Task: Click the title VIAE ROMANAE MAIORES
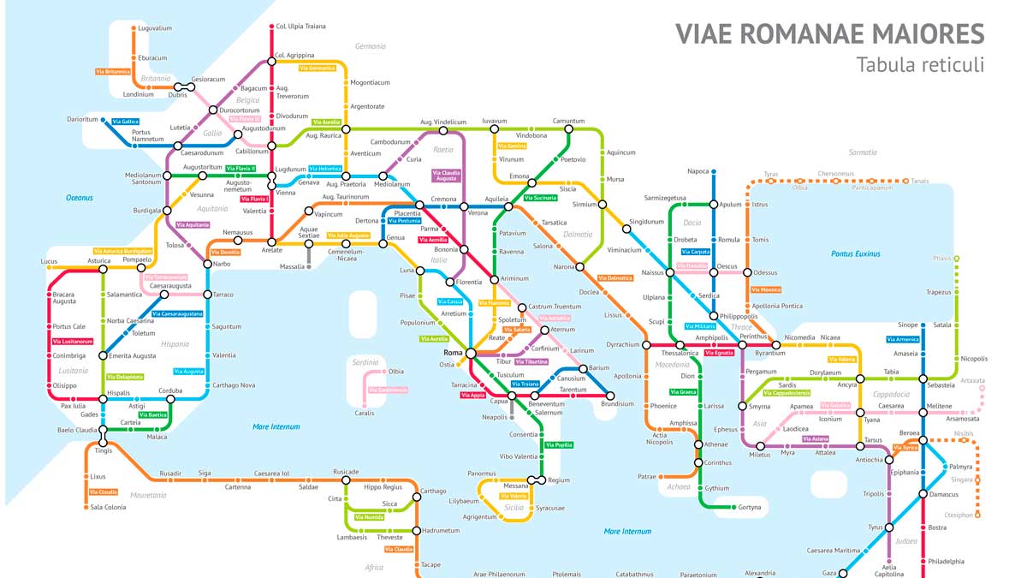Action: (x=829, y=33)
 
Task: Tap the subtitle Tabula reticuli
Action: (x=919, y=65)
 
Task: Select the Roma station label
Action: (x=453, y=353)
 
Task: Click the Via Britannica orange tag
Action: (x=113, y=71)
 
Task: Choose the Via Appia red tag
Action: (x=472, y=395)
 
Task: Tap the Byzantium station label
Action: (x=769, y=354)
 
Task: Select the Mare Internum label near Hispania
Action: (x=276, y=426)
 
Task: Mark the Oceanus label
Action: (x=79, y=198)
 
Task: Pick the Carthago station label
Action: (x=434, y=492)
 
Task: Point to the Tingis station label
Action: (x=103, y=451)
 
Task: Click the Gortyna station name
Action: (x=750, y=507)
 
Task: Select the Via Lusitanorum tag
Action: (x=72, y=341)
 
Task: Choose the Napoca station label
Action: (x=698, y=171)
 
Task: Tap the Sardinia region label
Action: (x=365, y=362)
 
